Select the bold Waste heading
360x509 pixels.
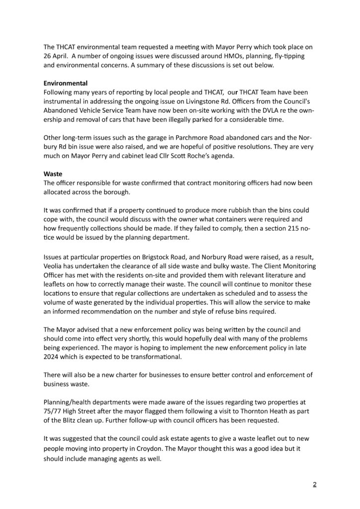(x=52, y=174)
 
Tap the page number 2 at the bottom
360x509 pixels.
(x=314, y=485)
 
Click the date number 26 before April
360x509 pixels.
(x=49, y=55)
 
